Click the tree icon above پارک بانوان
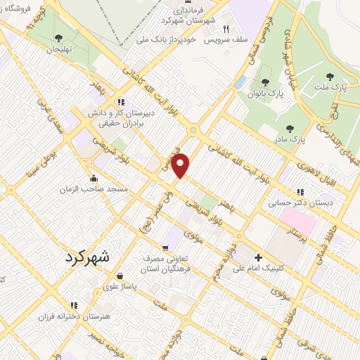(265, 83)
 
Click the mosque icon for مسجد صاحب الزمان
(94, 178)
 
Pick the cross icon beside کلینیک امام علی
(258, 258)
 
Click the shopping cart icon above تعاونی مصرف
(165, 247)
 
